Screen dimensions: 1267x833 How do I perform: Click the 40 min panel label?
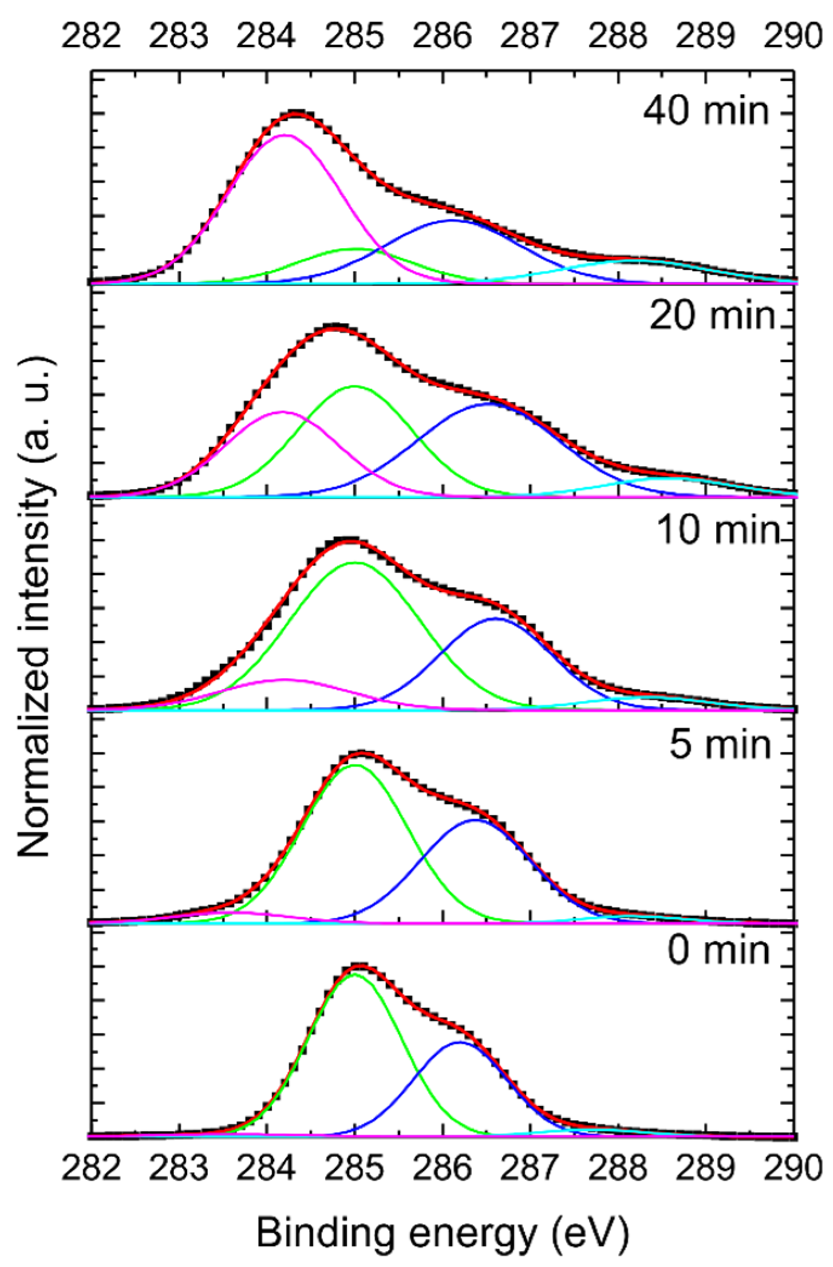point(706,111)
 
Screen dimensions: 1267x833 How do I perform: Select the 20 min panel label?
point(711,315)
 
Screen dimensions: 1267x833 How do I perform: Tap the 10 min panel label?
point(717,529)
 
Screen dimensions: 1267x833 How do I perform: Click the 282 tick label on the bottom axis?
point(91,1167)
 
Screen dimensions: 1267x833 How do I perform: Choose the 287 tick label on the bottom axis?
point(530,1167)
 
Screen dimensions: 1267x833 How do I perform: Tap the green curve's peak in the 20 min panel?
point(354,386)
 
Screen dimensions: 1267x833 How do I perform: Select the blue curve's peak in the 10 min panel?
point(495,618)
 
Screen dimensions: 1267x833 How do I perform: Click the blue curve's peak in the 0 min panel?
point(460,1042)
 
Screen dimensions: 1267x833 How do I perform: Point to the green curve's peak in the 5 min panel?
point(354,765)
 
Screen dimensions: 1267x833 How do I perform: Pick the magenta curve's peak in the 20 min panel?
point(281,411)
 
